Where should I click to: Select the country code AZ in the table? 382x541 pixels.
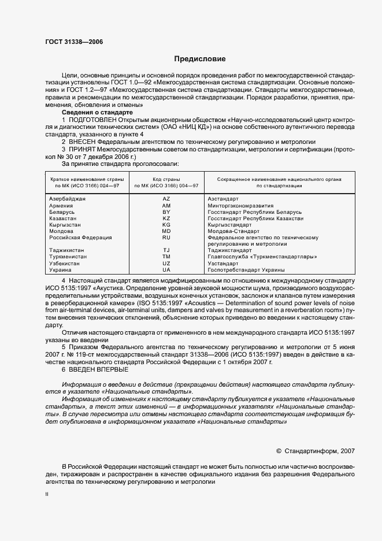166,198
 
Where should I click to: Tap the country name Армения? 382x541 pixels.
61,205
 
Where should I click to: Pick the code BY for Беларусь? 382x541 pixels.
166,212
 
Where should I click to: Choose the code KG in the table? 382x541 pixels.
166,225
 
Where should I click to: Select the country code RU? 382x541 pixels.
166,238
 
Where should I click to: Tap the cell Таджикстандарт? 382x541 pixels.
229,250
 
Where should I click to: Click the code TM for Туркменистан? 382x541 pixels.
166,257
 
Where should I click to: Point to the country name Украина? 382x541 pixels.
60,270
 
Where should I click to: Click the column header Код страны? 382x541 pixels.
166,179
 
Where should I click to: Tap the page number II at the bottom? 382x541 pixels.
47,495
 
